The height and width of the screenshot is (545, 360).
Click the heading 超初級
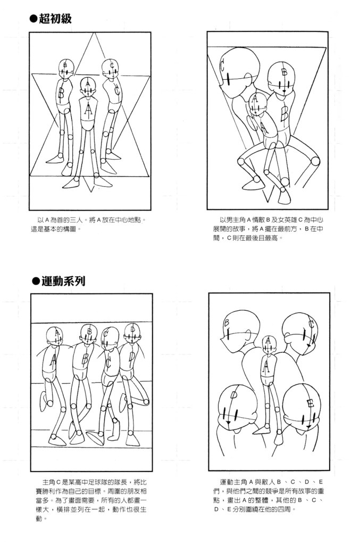point(55,19)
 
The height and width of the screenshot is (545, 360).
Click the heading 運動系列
point(63,281)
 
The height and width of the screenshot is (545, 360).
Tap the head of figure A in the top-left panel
point(87,87)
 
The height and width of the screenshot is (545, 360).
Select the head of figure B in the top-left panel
point(66,69)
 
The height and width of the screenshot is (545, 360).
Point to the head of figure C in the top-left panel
point(110,69)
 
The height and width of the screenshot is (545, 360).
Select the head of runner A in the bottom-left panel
point(54,336)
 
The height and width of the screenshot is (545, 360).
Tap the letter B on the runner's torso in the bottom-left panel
point(85,358)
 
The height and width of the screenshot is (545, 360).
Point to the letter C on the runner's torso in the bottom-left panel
point(108,362)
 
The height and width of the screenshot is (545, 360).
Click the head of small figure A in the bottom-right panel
point(268,344)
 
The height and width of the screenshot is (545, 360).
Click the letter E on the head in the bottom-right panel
point(311,403)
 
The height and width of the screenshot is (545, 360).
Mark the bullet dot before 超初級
point(34,19)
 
